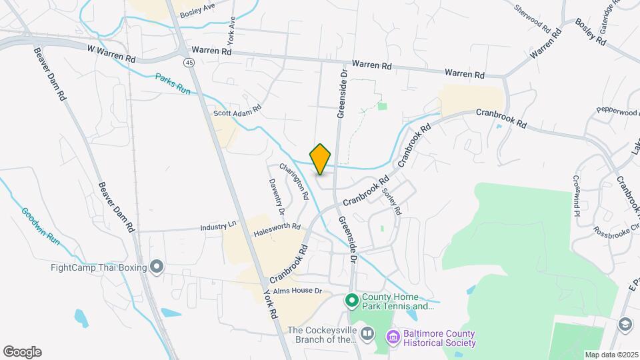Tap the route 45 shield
click(x=190, y=62)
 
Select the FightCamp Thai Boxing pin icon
click(x=157, y=267)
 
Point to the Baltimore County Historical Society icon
click(x=393, y=337)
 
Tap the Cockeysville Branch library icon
click(x=367, y=332)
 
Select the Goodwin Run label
click(x=41, y=227)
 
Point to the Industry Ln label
click(x=218, y=227)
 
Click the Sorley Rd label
click(x=392, y=201)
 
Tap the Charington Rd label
click(x=295, y=182)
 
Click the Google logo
click(x=22, y=352)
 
